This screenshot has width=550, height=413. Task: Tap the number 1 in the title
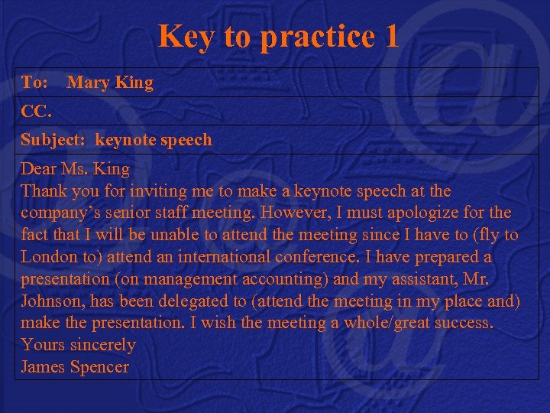390,36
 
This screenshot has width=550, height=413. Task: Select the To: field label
34,82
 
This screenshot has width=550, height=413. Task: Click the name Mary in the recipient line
89,82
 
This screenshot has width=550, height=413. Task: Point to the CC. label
36,111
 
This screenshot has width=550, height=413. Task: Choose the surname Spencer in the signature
99,367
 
